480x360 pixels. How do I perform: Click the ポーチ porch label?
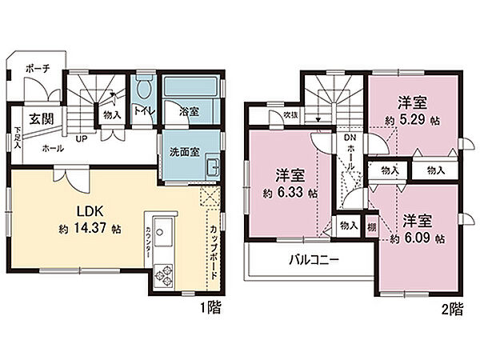(38, 70)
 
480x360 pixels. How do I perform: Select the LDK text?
(87, 212)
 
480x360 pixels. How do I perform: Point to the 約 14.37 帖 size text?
(89, 229)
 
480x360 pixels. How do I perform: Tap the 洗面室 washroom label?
(185, 152)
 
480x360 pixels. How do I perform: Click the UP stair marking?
(82, 139)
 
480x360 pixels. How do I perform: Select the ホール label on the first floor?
(53, 149)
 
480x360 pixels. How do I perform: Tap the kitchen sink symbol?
(158, 234)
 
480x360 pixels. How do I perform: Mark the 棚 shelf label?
(371, 226)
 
